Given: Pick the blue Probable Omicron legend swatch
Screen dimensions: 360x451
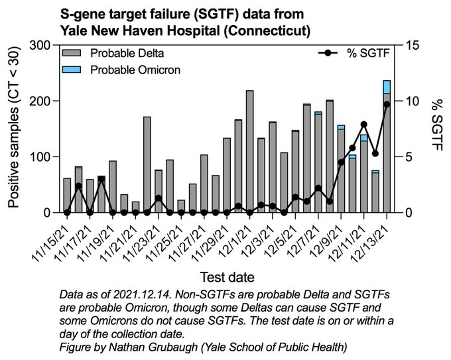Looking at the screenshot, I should point(72,69).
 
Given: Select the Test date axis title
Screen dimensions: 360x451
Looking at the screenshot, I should point(227,276).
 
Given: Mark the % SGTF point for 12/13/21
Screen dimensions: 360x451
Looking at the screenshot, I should point(387,104).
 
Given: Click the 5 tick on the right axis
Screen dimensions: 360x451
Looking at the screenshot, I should point(407,157).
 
